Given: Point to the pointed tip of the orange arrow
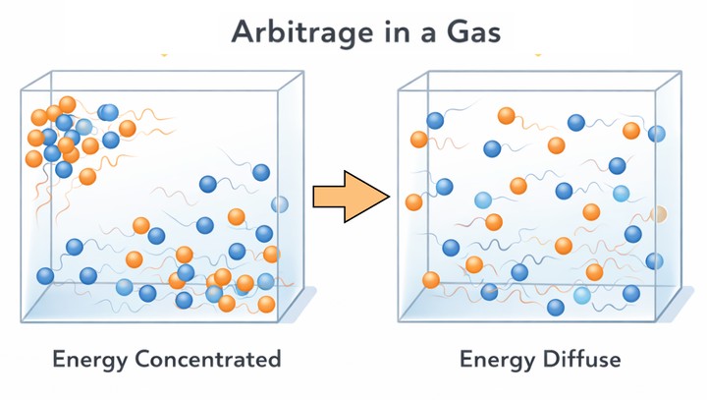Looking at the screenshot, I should click(389, 197).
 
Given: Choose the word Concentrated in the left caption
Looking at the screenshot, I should click(208, 359).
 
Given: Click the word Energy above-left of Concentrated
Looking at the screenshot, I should click(89, 359).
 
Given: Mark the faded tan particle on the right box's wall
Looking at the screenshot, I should click(659, 213).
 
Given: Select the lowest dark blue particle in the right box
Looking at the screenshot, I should click(556, 308).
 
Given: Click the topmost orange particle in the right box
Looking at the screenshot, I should click(507, 116).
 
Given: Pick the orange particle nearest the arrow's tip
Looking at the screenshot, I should click(413, 202).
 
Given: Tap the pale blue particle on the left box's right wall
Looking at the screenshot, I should click(280, 204).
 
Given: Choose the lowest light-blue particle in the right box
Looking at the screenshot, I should click(582, 295).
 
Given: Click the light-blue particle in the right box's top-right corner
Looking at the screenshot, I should click(656, 134).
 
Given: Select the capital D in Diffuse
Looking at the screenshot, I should click(546, 359).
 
